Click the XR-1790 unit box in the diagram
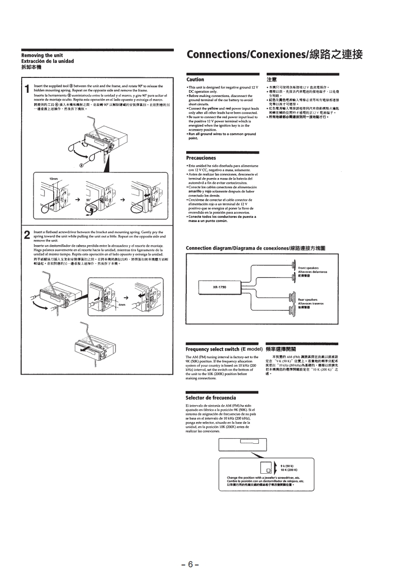click(x=219, y=287)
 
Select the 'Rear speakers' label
click(x=308, y=299)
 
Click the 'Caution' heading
click(x=195, y=79)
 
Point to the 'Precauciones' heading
click(x=202, y=157)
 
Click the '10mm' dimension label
click(x=54, y=179)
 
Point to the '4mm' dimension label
click(x=122, y=304)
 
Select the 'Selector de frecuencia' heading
click(x=210, y=398)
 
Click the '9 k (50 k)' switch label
click(x=288, y=466)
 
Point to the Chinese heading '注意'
click(x=272, y=79)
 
